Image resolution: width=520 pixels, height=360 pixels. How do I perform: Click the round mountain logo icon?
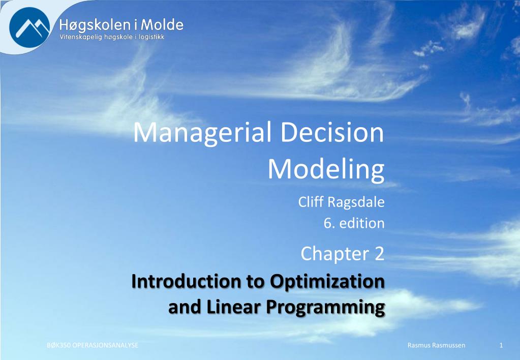(29, 27)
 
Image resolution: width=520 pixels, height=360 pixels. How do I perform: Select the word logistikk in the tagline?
(151, 37)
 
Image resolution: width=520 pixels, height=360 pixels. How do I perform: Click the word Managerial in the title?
(202, 132)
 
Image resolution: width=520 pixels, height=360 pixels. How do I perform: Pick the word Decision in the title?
(332, 132)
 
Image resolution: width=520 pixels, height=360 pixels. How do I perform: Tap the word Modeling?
(326, 169)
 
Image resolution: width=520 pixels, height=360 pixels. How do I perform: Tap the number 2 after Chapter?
(379, 254)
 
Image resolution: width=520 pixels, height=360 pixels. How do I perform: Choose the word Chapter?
(335, 254)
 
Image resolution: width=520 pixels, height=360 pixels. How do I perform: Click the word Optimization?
(327, 282)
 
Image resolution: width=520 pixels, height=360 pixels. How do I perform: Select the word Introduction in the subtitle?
(186, 281)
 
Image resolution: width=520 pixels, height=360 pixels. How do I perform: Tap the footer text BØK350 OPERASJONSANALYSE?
(92, 345)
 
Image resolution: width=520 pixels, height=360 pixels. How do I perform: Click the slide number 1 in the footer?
(501, 345)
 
